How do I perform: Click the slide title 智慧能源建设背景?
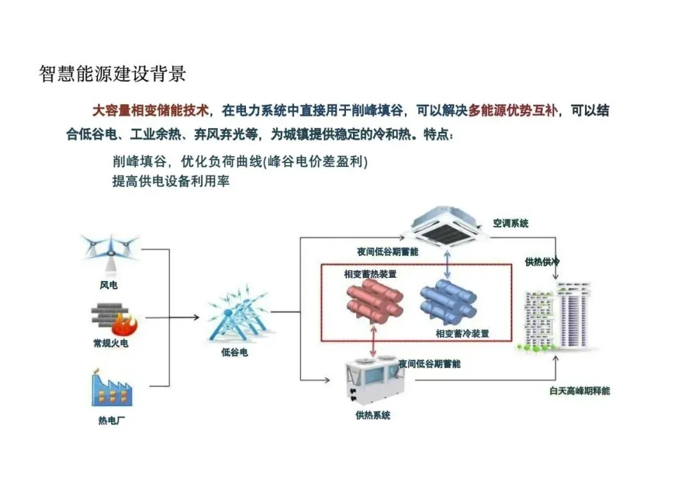113,74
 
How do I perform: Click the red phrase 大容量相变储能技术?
151,111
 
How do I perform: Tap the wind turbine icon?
110,252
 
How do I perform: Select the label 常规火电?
111,344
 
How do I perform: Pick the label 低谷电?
235,353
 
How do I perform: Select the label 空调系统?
511,223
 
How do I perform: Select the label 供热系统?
373,415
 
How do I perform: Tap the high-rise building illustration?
556,317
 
